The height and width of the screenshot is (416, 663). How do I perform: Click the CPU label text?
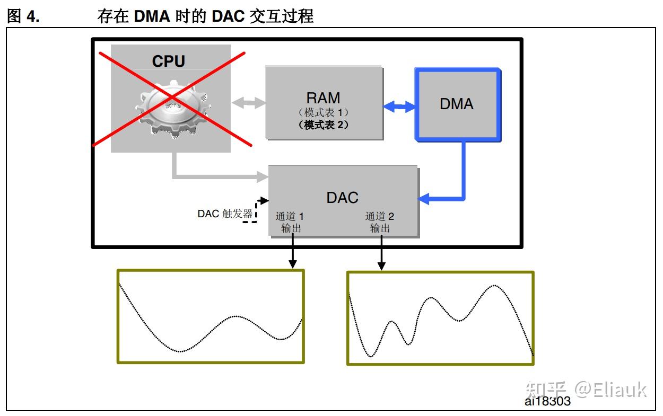tap(168, 61)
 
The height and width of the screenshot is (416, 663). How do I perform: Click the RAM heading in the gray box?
tap(323, 98)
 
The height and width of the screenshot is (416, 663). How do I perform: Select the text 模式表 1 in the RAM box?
tap(324, 113)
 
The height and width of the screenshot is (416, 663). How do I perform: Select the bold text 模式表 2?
tap(324, 125)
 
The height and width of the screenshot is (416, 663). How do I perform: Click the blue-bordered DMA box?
tap(457, 104)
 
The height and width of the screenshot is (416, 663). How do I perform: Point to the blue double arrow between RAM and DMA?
tap(399, 107)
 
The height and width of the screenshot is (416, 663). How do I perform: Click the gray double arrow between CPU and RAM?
tap(248, 103)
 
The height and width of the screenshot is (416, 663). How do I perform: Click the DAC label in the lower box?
tap(342, 198)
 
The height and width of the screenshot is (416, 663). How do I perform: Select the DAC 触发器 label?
tap(225, 214)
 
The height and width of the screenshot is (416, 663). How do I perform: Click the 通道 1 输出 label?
tap(290, 222)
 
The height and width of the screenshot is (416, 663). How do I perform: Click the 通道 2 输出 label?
tap(379, 222)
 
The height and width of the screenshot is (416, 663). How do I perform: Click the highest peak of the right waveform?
tap(494, 286)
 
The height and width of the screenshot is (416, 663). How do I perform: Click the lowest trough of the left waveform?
tap(180, 351)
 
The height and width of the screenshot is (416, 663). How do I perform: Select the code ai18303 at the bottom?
tap(547, 401)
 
